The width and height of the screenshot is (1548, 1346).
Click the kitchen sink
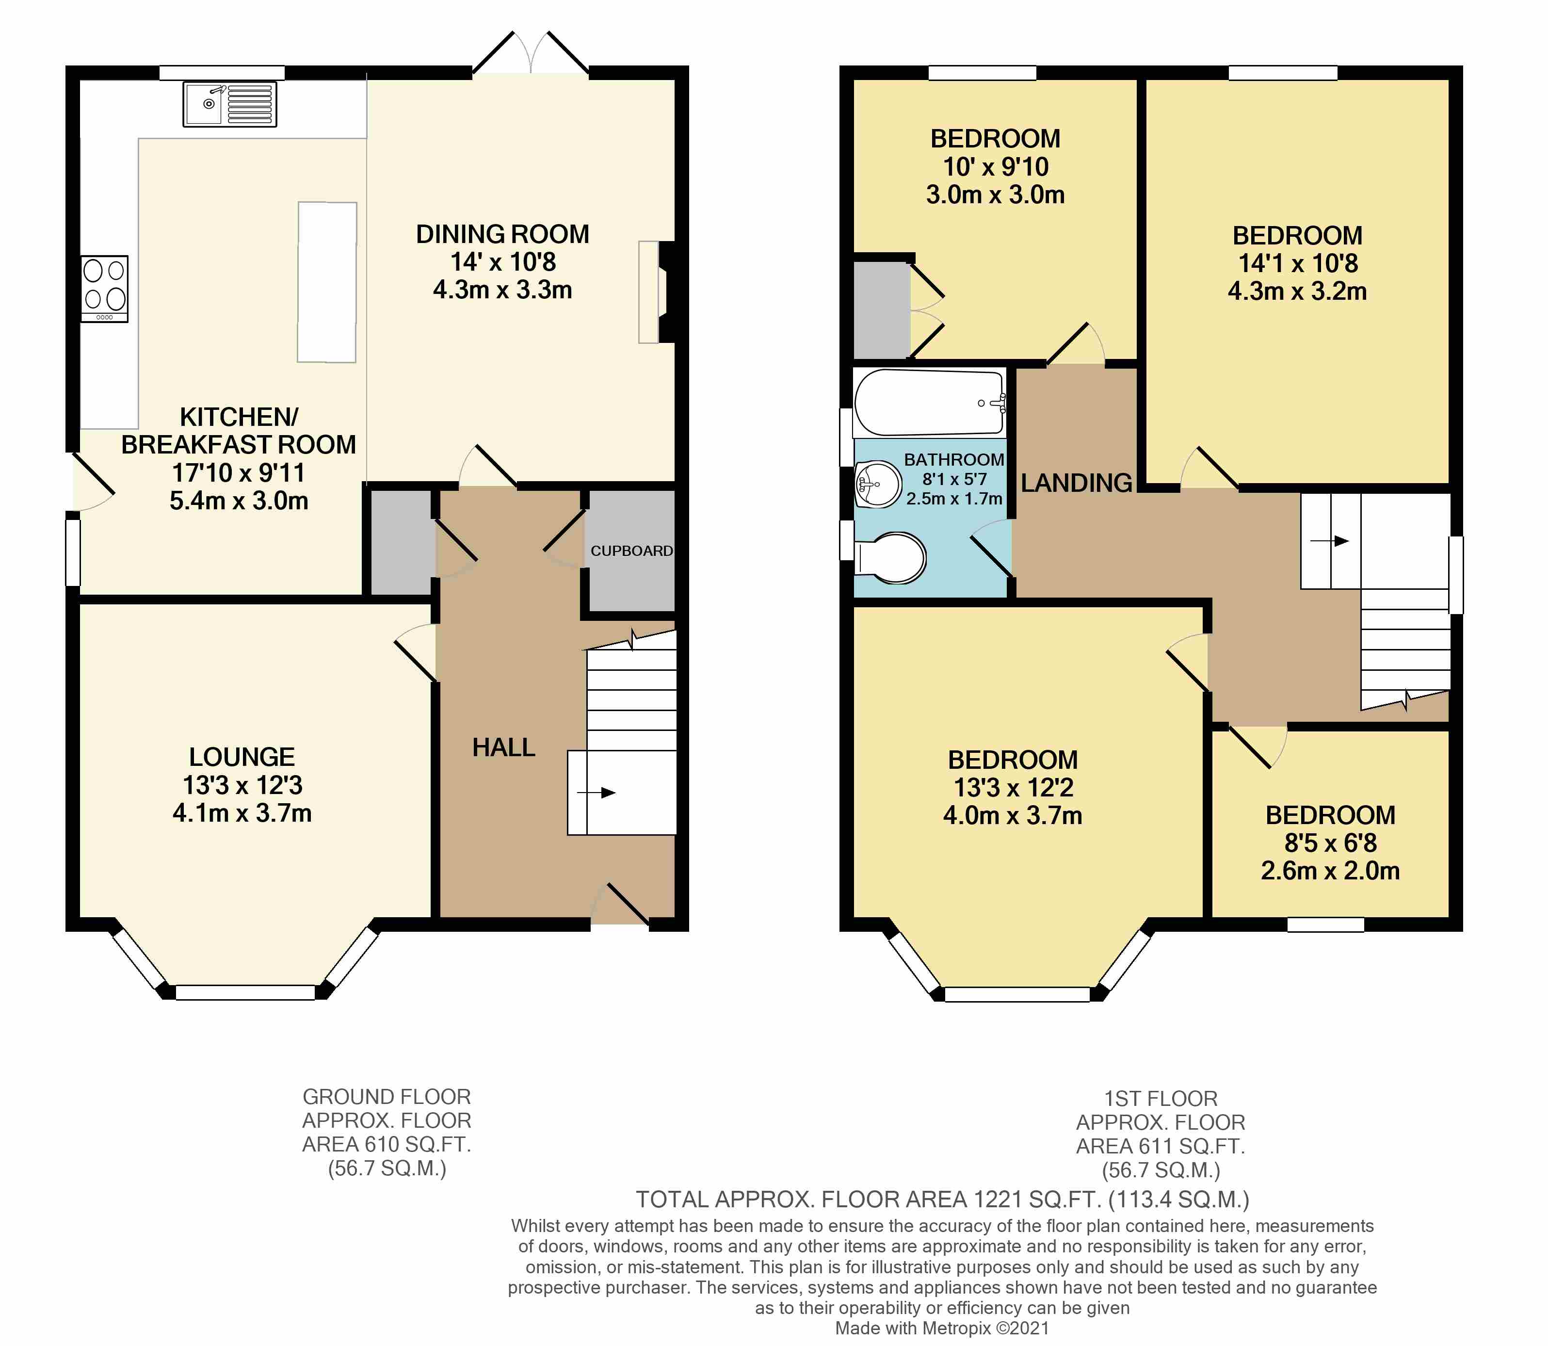coord(229,104)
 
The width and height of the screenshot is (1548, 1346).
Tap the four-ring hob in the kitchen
coord(104,289)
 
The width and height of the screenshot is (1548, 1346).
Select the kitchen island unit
coord(327,282)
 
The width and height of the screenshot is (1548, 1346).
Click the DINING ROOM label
coord(502,234)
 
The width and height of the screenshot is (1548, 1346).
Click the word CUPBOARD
coord(631,551)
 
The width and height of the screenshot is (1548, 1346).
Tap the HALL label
coord(503,747)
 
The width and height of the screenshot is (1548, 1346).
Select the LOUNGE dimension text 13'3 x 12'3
coord(242,785)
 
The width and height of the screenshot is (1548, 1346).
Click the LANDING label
coord(1076,483)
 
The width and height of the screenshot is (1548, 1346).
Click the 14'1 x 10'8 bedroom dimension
coord(1297,263)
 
